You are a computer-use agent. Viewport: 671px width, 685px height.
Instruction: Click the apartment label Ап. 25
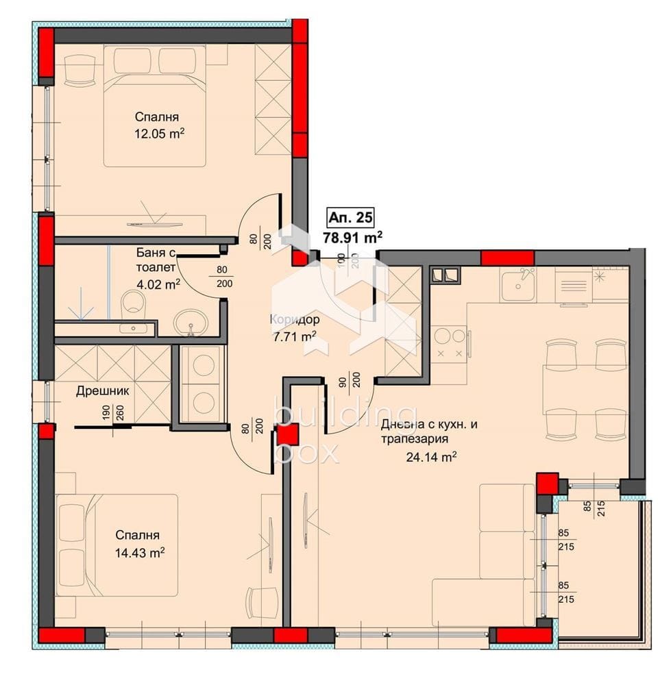(x=351, y=217)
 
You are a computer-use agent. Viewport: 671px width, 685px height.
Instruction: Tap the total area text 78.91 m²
(x=353, y=238)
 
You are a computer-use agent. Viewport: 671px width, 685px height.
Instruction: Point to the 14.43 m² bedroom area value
(x=140, y=553)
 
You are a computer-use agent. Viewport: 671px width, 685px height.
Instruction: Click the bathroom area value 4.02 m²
(x=158, y=284)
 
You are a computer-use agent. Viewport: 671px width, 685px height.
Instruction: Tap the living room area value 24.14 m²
(x=431, y=457)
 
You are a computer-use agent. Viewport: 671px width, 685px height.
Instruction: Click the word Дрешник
(x=103, y=390)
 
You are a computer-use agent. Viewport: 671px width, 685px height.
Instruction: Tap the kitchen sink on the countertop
(x=518, y=284)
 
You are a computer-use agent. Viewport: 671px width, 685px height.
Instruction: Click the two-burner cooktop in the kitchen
(x=450, y=343)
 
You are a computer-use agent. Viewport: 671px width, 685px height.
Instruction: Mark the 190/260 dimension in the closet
(x=113, y=413)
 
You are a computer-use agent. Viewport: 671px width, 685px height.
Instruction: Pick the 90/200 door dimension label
(x=350, y=379)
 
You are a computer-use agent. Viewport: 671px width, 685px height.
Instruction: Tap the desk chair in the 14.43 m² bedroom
(x=263, y=602)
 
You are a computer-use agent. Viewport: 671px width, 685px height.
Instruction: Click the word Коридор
(x=295, y=319)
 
